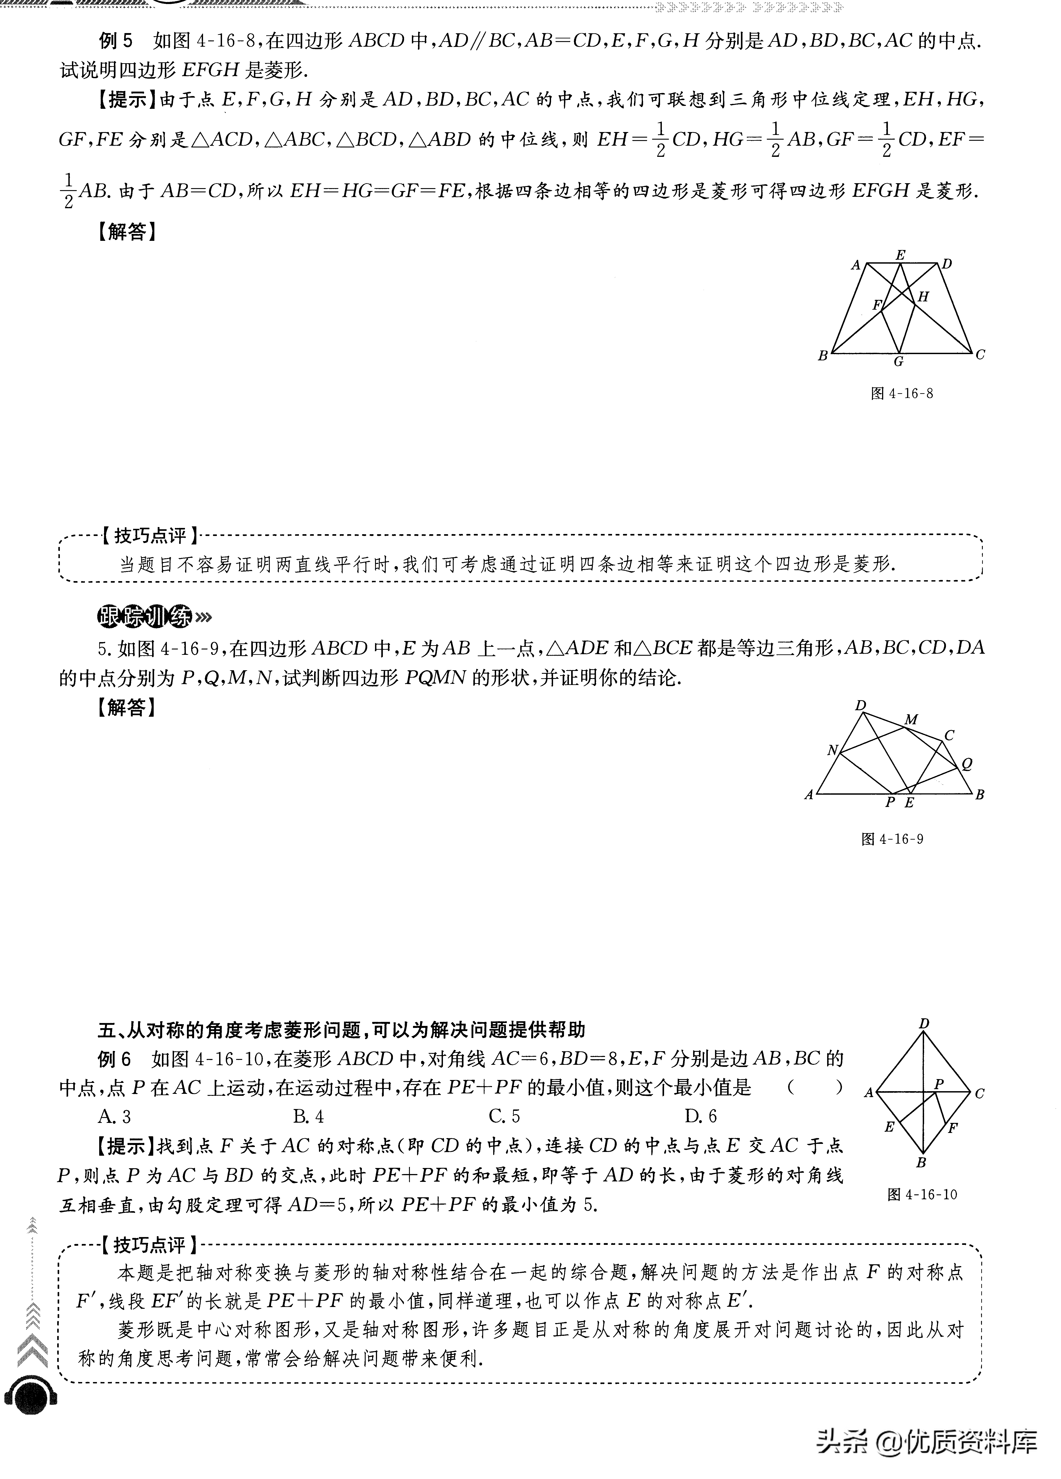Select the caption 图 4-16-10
point(922,1194)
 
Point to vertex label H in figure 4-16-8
point(923,297)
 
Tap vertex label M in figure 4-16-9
point(911,719)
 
